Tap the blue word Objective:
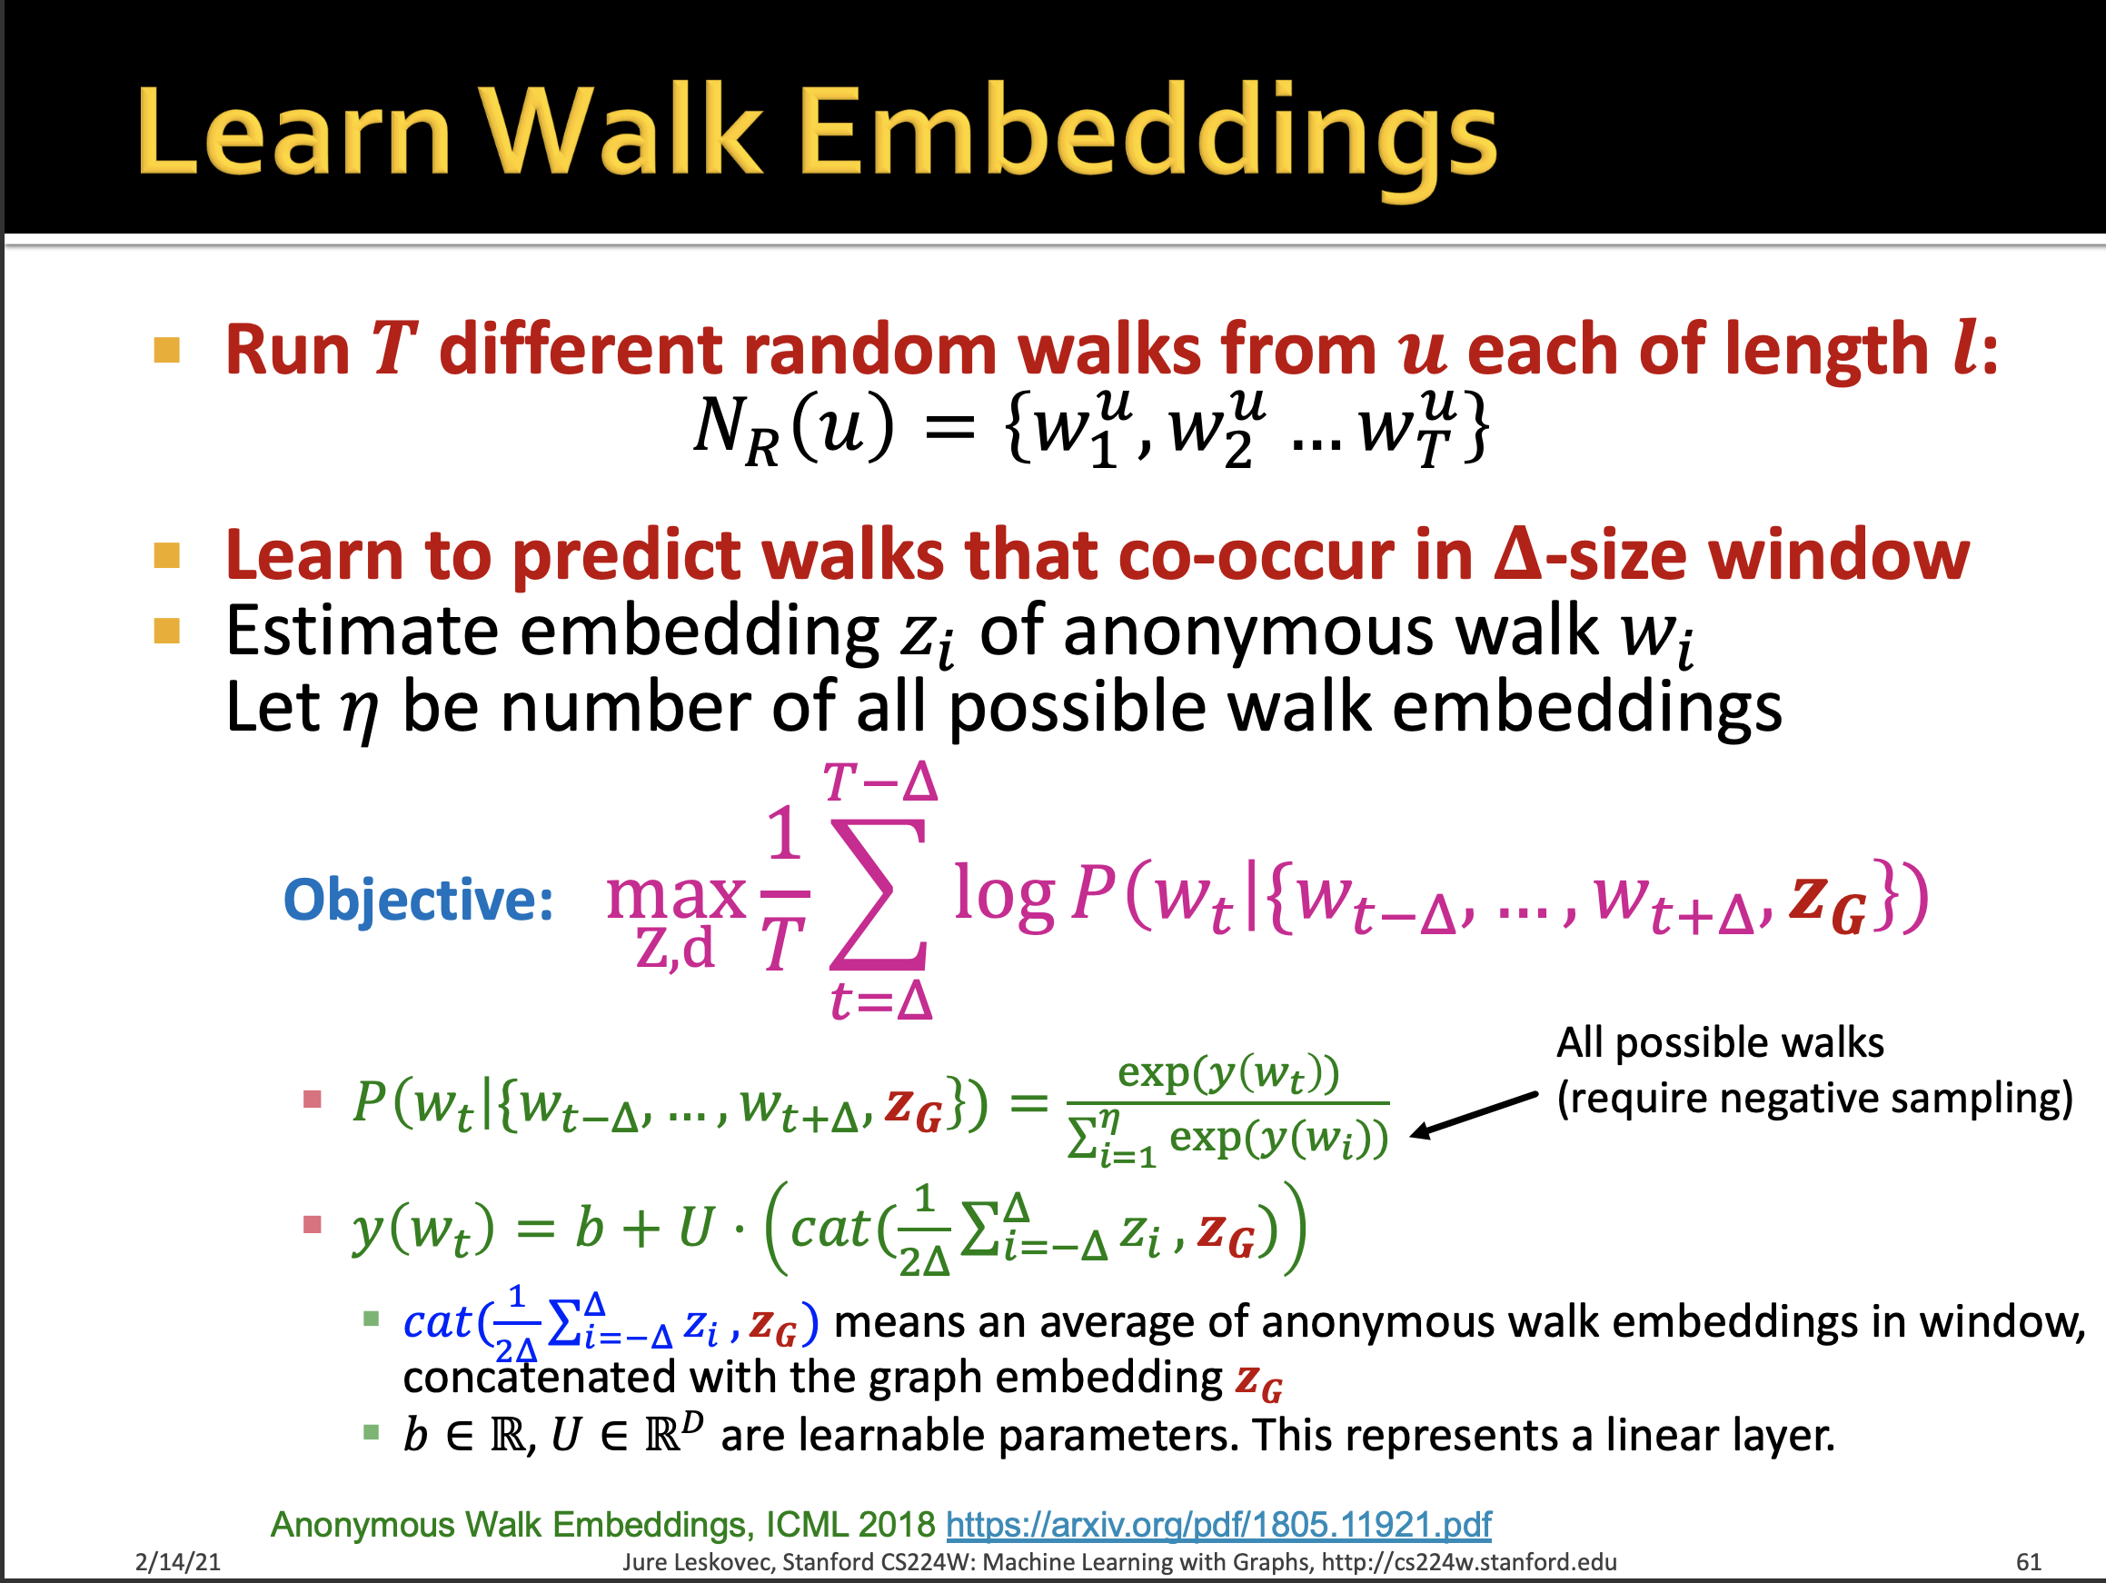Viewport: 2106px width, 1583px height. pyautogui.click(x=419, y=899)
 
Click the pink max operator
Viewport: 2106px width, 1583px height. pyautogui.click(x=676, y=895)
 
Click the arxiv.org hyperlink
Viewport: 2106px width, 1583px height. pyautogui.click(x=1217, y=1525)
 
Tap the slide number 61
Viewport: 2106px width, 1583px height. pyautogui.click(x=2028, y=1562)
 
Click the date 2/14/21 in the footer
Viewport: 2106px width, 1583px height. pyautogui.click(x=178, y=1562)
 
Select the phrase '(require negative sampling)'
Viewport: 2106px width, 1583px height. pyautogui.click(x=1814, y=1098)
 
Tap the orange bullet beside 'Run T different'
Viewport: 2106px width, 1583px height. pyautogui.click(x=166, y=351)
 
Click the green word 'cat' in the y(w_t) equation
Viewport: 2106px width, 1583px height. pyautogui.click(x=829, y=1229)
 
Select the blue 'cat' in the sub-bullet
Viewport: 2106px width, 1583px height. pyautogui.click(x=436, y=1322)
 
